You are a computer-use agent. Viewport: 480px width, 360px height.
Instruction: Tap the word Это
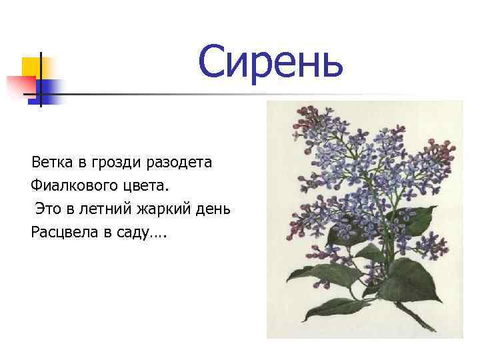pyautogui.click(x=49, y=209)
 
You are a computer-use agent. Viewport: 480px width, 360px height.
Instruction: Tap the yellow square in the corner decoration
pyautogui.click(x=31, y=67)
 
